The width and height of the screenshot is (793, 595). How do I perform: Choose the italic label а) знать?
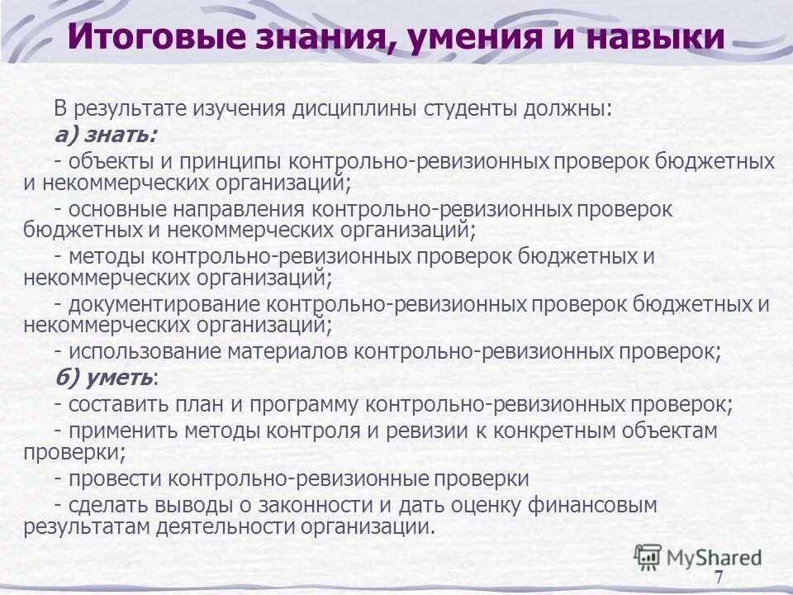click(x=105, y=134)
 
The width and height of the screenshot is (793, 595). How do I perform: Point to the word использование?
click(x=150, y=352)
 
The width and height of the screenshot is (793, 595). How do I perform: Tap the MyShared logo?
click(x=698, y=557)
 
